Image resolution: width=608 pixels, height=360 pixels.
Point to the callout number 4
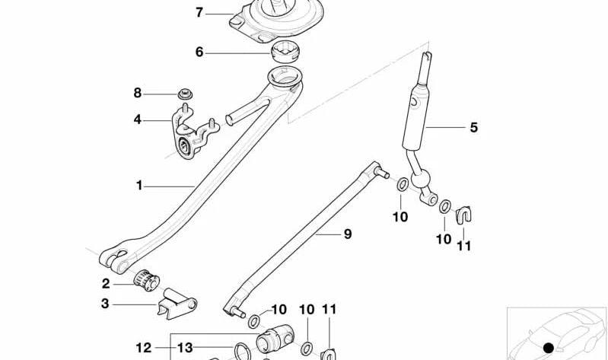pos(138,119)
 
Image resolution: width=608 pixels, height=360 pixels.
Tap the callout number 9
pos(347,234)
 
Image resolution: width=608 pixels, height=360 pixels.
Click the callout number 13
pos(185,348)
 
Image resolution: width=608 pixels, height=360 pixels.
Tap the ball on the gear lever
pos(419,183)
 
